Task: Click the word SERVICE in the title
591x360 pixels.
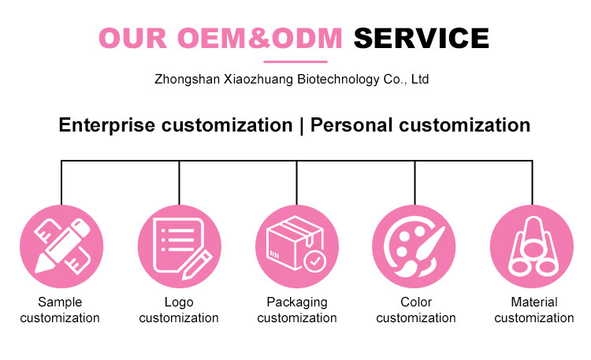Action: (x=422, y=39)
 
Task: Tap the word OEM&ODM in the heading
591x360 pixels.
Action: (x=260, y=39)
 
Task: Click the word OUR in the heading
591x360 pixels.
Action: (x=132, y=39)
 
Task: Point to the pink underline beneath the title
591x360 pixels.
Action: (x=295, y=61)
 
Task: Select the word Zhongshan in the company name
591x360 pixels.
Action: (x=187, y=80)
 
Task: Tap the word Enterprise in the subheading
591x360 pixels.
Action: (x=106, y=125)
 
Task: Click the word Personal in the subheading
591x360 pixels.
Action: (x=351, y=124)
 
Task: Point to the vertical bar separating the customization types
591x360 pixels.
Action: (x=301, y=125)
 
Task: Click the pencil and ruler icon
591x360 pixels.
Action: (x=61, y=247)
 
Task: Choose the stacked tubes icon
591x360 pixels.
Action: (x=532, y=247)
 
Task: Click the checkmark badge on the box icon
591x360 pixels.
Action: (x=314, y=261)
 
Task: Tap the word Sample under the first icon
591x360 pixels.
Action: (x=60, y=302)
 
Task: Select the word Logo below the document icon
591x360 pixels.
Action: (x=179, y=302)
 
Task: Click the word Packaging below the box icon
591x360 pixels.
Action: (x=297, y=302)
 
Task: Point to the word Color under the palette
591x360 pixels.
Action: (x=416, y=302)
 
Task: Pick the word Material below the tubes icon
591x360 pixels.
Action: (x=534, y=302)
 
